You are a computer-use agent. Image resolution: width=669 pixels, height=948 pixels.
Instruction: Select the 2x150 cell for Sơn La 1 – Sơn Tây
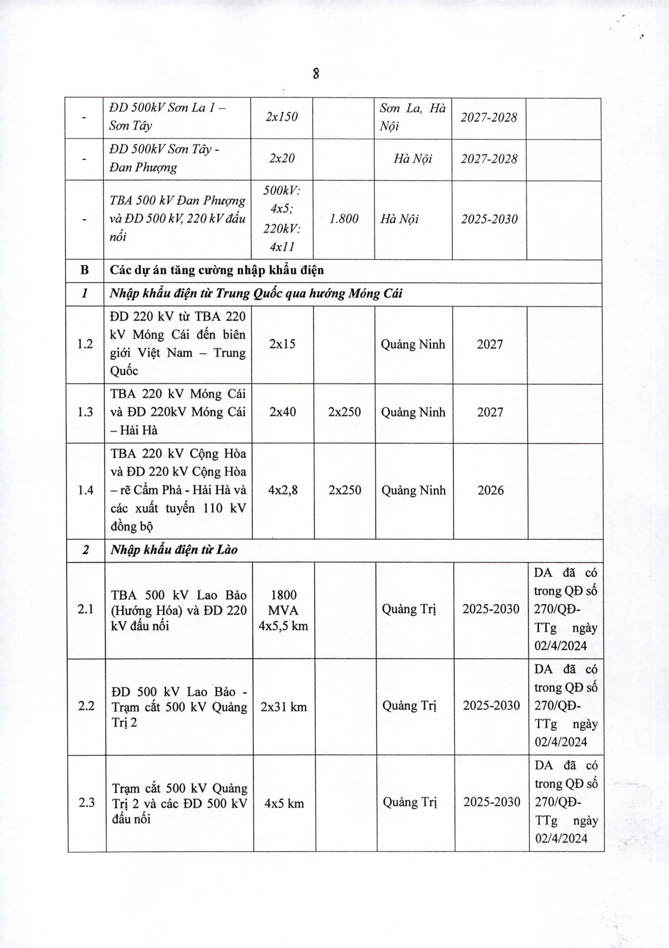tap(282, 117)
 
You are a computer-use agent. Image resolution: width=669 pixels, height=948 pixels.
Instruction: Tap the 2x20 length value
tap(282, 158)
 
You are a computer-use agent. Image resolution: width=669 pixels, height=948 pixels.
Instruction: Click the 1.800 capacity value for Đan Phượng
tap(344, 219)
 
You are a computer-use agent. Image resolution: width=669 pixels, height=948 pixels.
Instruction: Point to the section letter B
tap(85, 270)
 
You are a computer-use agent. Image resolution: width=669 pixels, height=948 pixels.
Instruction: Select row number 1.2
tap(85, 344)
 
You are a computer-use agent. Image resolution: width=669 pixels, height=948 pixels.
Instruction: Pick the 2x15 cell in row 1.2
tap(282, 344)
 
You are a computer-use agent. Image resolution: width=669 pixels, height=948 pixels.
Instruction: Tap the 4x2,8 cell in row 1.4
tap(283, 490)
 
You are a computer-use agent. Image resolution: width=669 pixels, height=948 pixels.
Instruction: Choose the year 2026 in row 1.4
tap(490, 490)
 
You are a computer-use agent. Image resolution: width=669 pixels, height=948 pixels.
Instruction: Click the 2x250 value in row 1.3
tap(344, 412)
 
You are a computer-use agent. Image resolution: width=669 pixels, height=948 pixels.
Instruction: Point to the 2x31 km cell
tap(284, 707)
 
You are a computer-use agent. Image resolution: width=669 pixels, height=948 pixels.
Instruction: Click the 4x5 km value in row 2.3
tap(284, 804)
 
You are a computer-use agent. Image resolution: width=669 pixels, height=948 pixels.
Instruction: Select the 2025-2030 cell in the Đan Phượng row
tap(489, 219)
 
